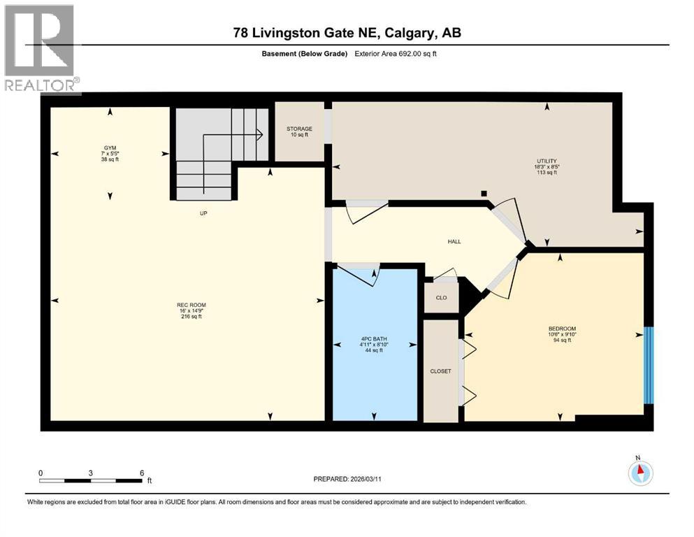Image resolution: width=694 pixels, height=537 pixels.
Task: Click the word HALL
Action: pyautogui.click(x=454, y=242)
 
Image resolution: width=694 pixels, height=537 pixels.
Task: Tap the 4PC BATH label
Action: pyautogui.click(x=373, y=344)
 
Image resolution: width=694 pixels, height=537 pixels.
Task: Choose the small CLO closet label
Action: pyautogui.click(x=441, y=298)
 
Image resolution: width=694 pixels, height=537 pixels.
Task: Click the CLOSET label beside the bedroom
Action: pyautogui.click(x=440, y=371)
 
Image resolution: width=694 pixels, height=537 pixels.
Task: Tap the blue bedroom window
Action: pyautogui.click(x=648, y=365)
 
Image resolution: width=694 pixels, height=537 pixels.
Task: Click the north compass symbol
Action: pyautogui.click(x=640, y=473)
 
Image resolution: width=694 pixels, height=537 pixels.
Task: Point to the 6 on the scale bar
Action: pyautogui.click(x=142, y=473)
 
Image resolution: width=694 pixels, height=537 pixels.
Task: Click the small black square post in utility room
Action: pyautogui.click(x=483, y=193)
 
